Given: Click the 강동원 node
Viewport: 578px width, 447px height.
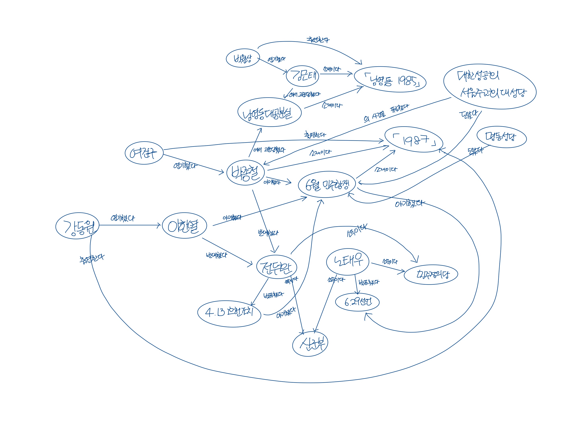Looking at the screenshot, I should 77,226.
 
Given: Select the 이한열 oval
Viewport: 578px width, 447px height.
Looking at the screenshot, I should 184,225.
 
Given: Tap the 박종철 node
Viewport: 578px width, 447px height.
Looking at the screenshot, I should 246,172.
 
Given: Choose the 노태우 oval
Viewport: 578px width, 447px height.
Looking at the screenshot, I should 348,262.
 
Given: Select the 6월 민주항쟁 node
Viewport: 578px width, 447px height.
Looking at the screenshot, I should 327,184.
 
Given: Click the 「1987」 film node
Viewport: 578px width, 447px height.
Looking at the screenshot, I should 414,140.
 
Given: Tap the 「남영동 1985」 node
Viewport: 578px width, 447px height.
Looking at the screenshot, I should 390,79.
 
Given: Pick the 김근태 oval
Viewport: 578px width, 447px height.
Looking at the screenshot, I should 303,76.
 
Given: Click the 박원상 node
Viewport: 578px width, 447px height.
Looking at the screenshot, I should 243,58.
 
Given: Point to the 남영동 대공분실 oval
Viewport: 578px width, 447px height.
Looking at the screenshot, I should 269,112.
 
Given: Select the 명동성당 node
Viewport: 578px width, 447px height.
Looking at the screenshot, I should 502,137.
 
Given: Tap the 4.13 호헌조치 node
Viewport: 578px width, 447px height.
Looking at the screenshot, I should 229,314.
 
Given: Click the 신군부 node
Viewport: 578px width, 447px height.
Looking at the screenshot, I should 310,344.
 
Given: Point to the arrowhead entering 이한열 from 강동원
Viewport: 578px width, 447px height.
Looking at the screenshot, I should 159,225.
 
